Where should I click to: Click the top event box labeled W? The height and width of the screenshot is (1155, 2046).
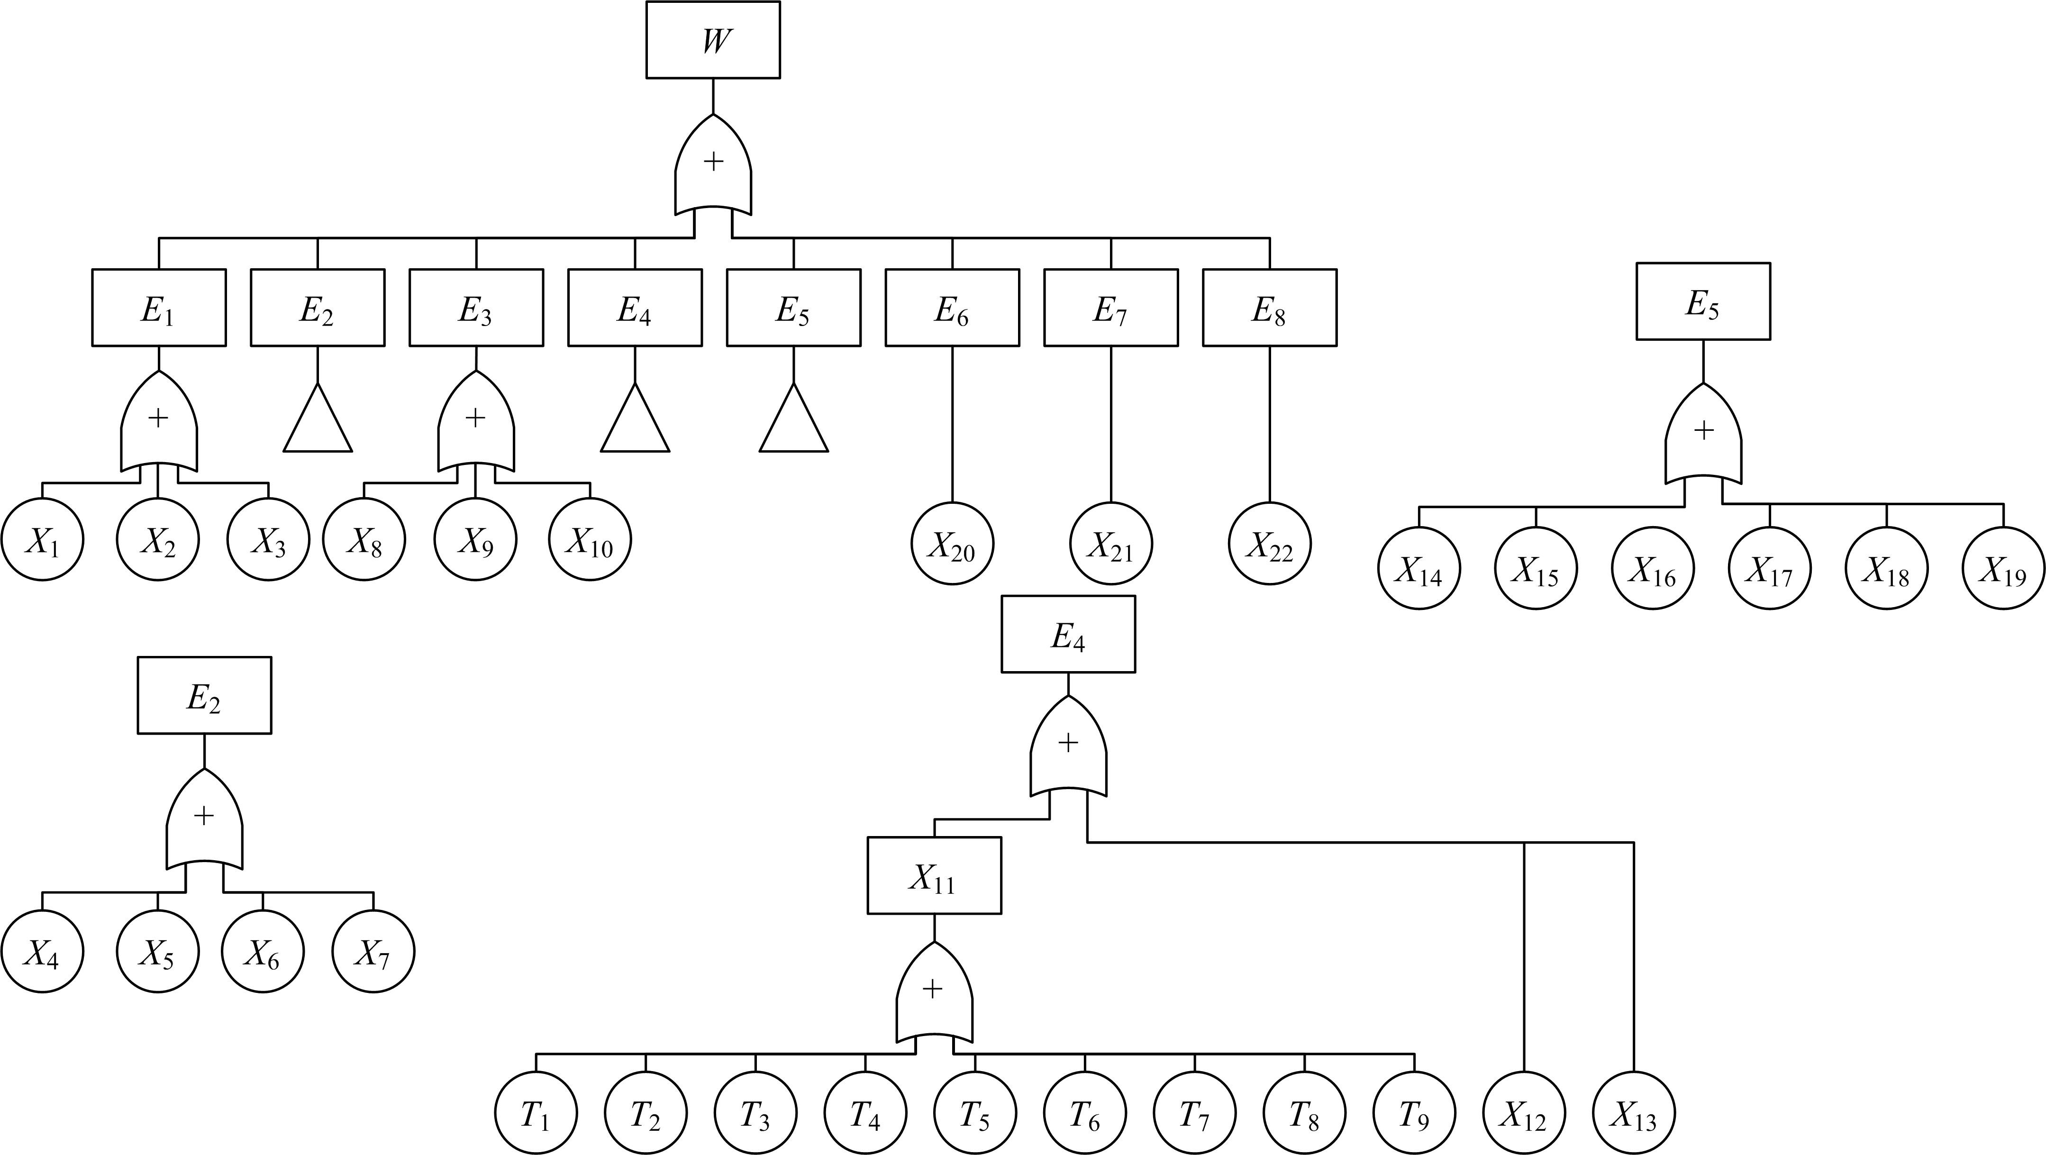pos(712,40)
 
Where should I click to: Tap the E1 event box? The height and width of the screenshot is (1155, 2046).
pos(159,308)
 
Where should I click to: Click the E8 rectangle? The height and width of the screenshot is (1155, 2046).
pos(1269,308)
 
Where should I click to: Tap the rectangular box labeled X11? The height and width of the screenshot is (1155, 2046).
pos(933,875)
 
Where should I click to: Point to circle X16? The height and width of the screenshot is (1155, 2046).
pos(1652,568)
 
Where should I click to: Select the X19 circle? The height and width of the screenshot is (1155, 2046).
pos(2003,568)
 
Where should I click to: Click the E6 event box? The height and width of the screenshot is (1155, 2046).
pos(952,308)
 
